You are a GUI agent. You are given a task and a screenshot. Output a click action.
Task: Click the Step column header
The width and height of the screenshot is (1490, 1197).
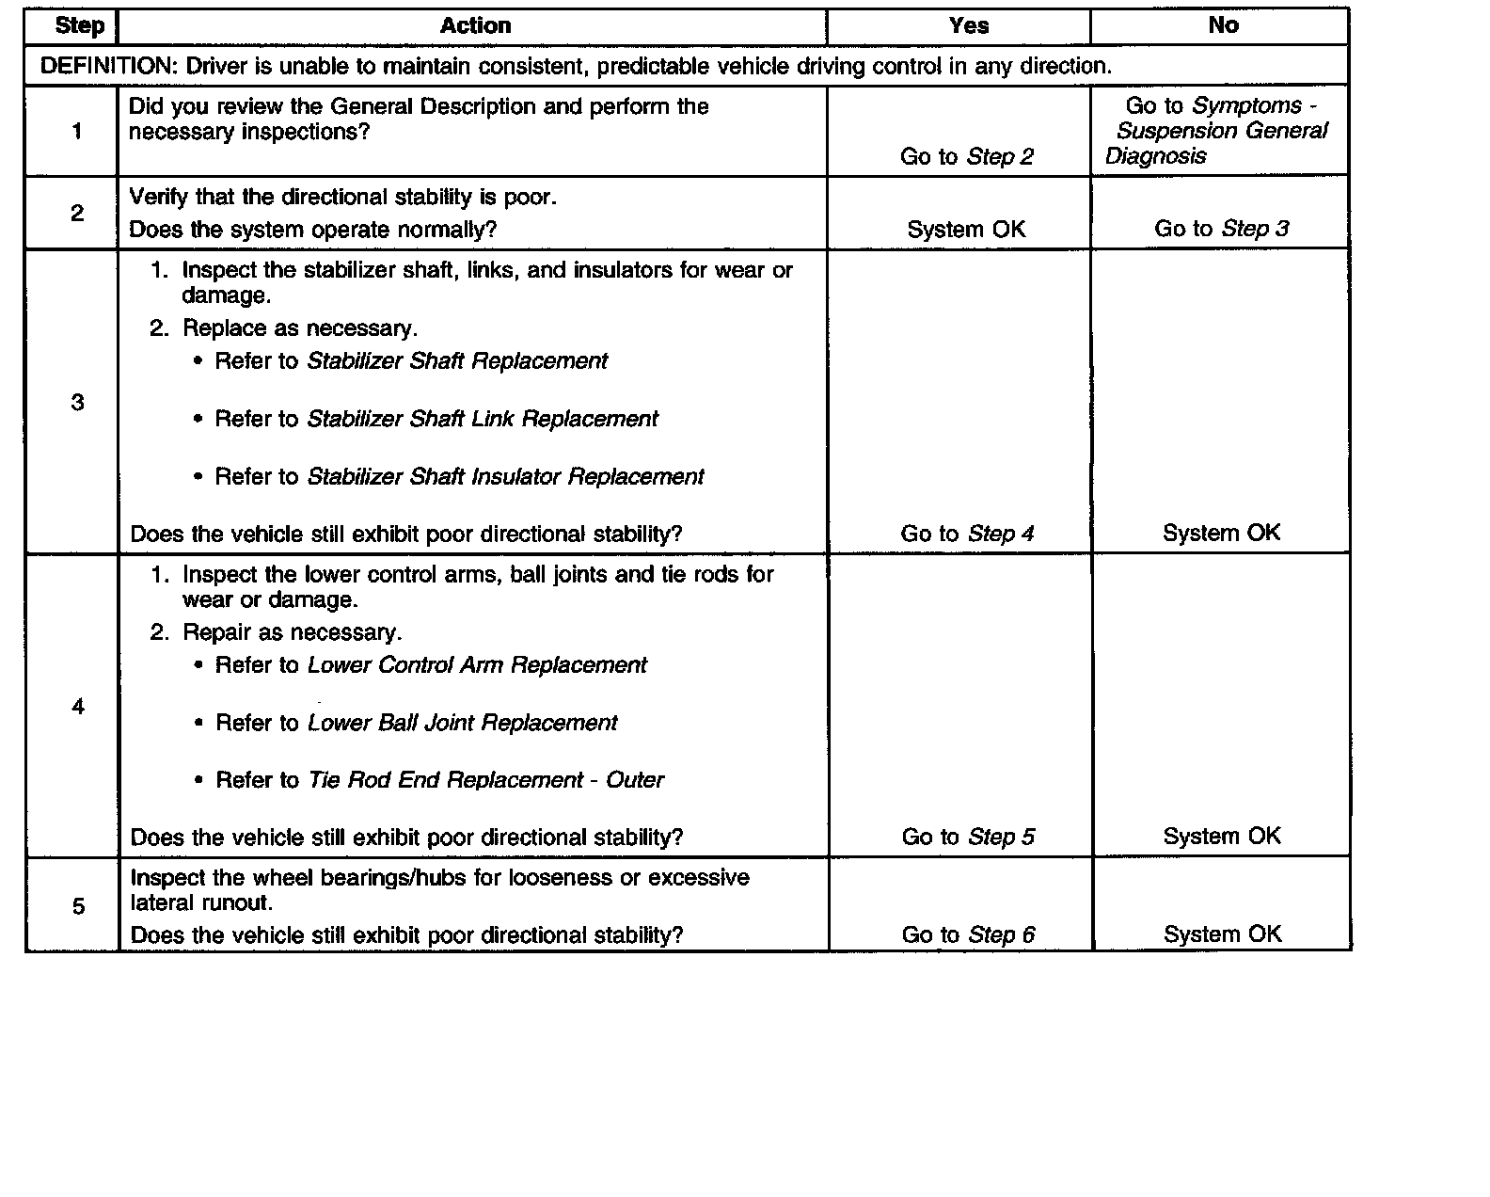point(79,25)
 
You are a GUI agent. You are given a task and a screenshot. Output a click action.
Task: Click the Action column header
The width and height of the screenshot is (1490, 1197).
point(475,25)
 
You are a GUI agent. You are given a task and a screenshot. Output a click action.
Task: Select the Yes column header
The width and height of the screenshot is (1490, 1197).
point(968,25)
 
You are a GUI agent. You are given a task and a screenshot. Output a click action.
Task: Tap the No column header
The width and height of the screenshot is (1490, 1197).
point(1223,25)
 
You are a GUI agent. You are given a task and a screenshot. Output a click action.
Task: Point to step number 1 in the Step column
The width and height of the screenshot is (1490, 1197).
point(77,131)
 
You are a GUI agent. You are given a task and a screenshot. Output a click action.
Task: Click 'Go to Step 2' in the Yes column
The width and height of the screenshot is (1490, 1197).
point(966,156)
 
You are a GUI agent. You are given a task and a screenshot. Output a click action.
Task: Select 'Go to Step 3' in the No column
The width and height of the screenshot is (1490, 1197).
point(1221,229)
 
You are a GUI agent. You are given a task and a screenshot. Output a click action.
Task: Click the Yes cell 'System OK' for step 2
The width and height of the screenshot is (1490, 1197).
point(966,229)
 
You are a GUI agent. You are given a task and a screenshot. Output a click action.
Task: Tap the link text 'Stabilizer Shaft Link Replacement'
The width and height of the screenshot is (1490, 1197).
point(483,419)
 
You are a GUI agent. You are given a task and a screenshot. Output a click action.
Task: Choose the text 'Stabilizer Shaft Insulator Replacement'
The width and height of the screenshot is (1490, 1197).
point(505,477)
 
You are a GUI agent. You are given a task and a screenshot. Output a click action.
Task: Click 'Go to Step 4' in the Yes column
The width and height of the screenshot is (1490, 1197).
point(967,534)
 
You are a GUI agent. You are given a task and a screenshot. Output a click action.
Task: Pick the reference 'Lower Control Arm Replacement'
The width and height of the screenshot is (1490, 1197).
point(477,665)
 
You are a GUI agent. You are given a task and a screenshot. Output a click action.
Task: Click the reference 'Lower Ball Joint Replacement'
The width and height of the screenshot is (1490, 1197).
point(462,723)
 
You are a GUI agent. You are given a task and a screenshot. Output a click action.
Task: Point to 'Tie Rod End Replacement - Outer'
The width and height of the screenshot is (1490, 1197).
point(485,780)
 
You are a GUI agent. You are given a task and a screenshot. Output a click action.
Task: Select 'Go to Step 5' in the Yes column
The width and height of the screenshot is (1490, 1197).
point(968,837)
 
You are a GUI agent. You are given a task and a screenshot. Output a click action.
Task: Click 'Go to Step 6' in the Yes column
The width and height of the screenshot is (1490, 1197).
point(968,934)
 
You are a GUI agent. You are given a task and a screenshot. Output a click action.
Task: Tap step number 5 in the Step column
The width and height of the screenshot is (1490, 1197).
point(78,906)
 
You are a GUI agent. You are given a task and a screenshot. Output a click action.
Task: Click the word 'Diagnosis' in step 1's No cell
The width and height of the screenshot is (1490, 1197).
point(1155,156)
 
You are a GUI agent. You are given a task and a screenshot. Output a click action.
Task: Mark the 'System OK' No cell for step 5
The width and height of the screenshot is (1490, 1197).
point(1222,934)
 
